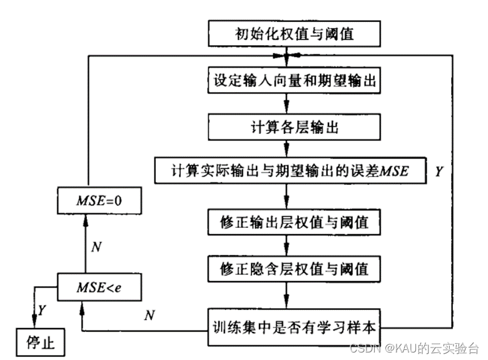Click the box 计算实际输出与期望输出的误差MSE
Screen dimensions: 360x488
pos(290,170)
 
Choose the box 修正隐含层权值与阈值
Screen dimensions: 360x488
pos(287,269)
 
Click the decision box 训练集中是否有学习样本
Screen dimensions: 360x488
pos(293,326)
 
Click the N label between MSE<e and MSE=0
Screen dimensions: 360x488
pos(96,245)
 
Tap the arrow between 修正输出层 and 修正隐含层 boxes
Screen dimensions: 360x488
pos(287,245)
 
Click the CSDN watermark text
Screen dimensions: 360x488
pos(414,347)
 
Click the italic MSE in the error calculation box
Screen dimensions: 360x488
pos(393,170)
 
